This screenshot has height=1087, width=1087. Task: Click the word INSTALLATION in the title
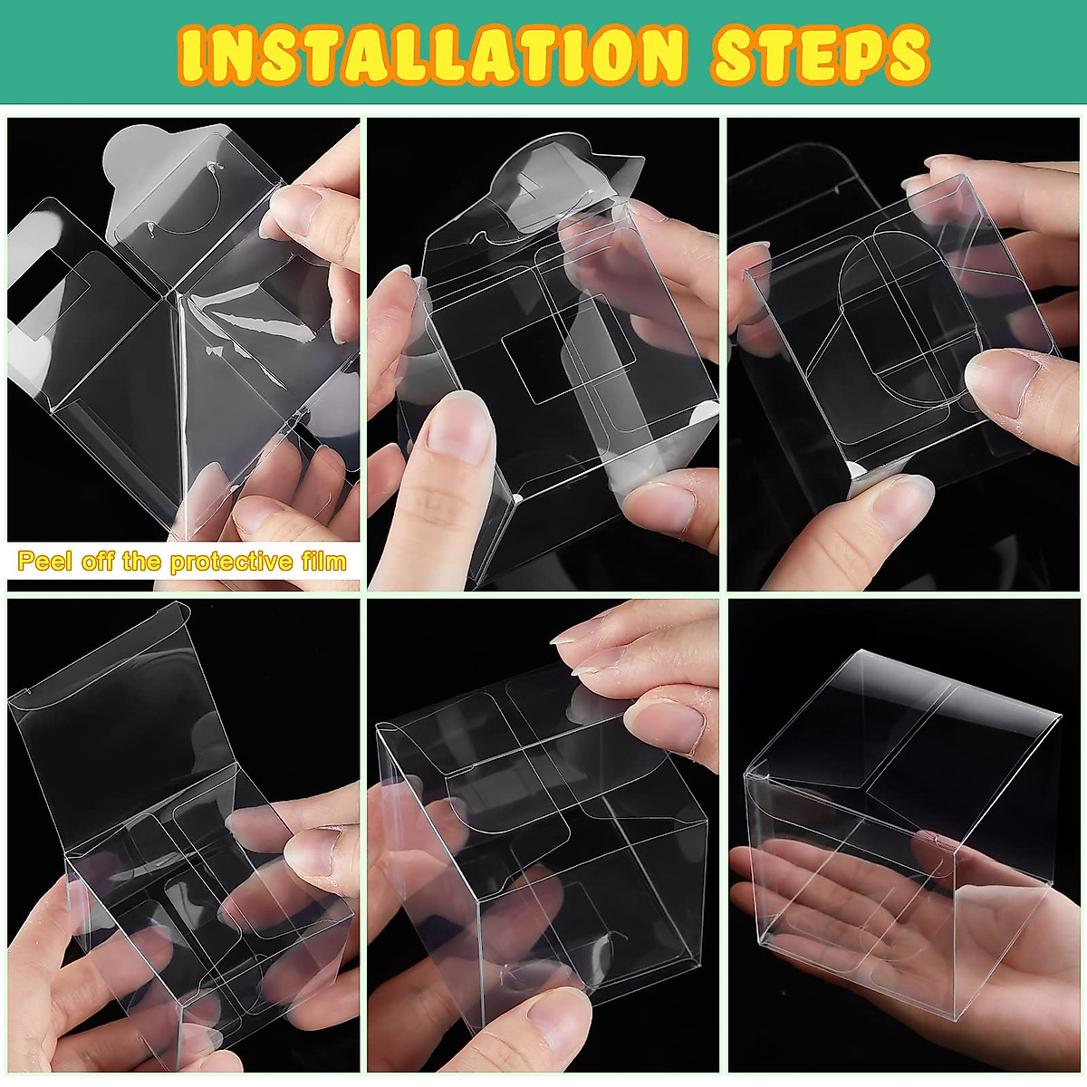coord(430,55)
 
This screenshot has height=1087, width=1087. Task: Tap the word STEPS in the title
coord(821,55)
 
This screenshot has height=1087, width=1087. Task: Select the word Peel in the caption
coord(46,562)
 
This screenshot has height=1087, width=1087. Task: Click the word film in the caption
coord(322,562)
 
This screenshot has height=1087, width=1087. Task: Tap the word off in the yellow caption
coord(97,562)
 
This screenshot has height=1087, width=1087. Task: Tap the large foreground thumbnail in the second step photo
coord(457,426)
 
